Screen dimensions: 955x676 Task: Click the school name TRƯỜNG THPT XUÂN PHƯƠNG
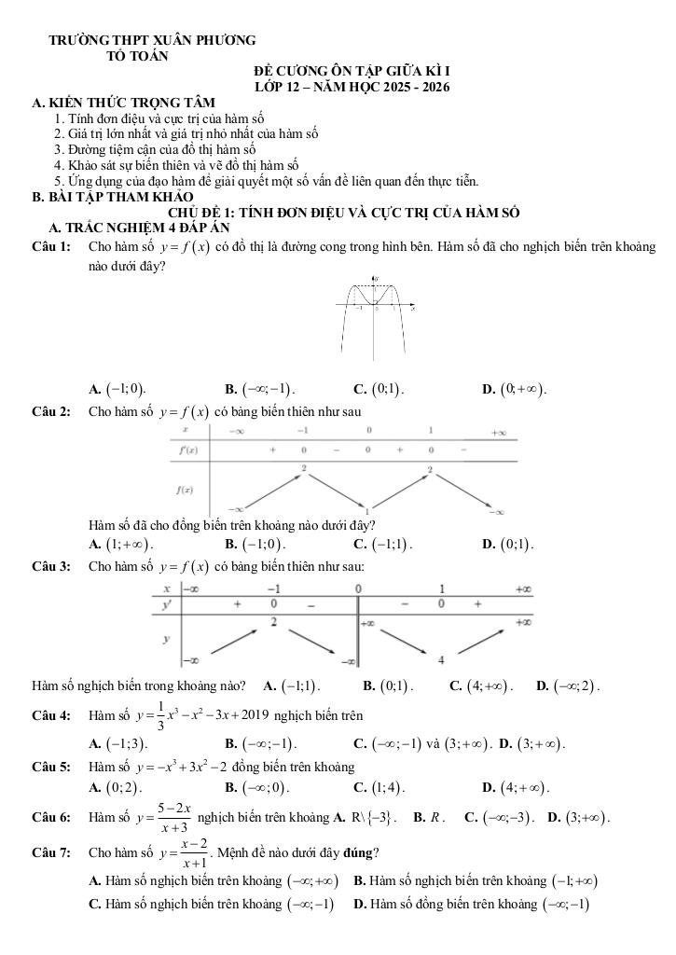[152, 41]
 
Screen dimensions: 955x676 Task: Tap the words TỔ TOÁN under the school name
[138, 56]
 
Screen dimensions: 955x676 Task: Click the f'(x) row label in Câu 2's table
[186, 450]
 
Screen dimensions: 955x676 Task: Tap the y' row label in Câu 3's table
[168, 605]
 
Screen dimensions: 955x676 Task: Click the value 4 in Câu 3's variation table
[441, 661]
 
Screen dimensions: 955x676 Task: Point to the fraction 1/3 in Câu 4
[165, 716]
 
